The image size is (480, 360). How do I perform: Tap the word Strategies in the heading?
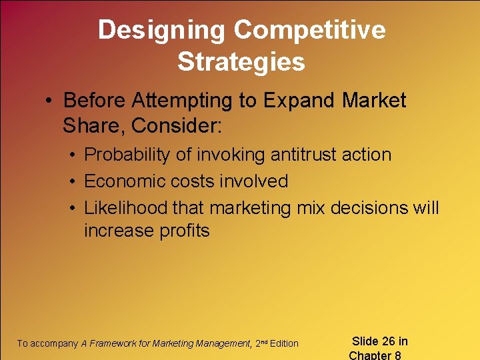click(241, 62)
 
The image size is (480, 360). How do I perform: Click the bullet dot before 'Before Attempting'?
click(49, 101)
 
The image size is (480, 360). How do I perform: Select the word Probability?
click(128, 155)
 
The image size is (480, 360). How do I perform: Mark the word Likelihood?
click(125, 208)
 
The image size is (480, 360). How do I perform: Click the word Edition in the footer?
click(284, 343)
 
